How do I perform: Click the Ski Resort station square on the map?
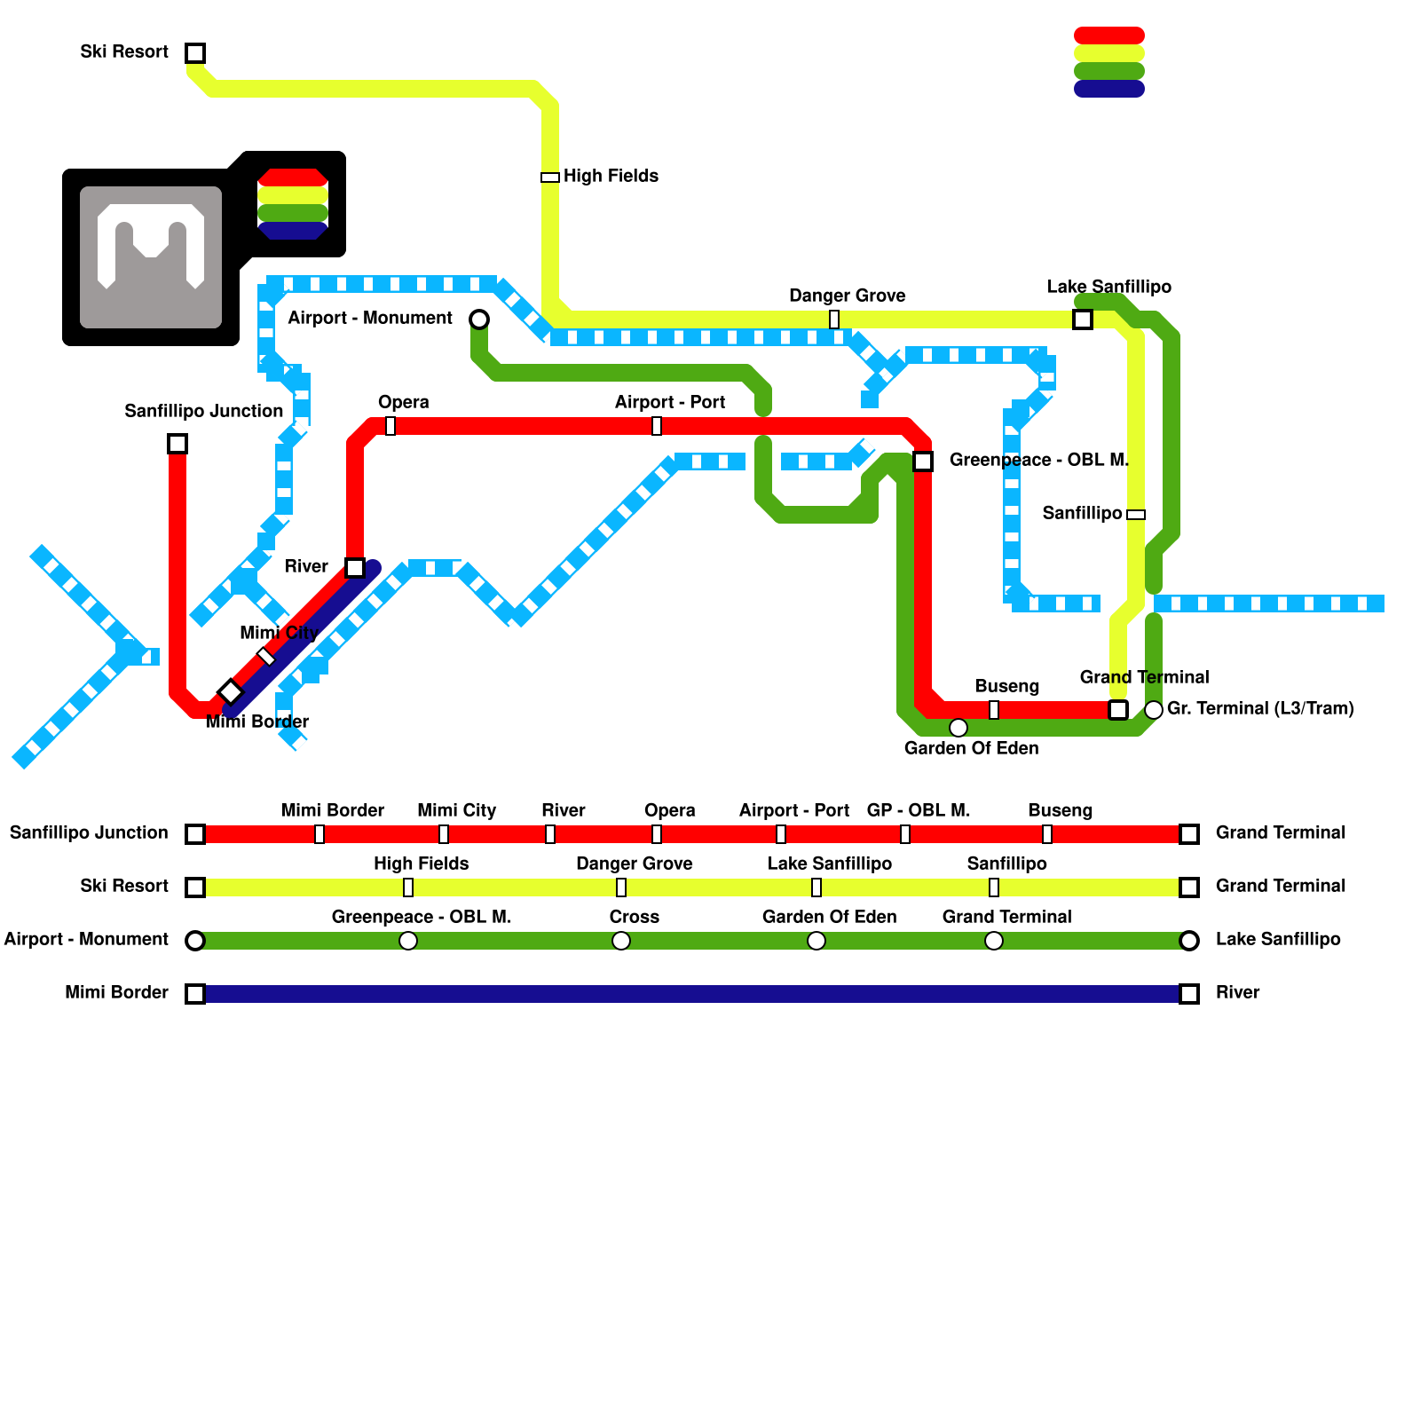195,53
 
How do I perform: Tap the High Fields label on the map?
611,177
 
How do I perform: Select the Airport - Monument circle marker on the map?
479,319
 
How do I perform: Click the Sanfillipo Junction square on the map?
177,444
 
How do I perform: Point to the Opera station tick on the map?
390,426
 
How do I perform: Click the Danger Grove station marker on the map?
834,319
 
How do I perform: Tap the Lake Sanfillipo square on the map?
1083,319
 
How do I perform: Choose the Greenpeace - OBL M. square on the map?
923,461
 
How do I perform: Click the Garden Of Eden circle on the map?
958,728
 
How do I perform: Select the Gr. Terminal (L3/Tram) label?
1260,709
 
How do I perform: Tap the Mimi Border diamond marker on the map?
231,691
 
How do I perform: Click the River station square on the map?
355,568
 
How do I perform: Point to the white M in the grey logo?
151,244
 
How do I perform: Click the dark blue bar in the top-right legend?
1109,89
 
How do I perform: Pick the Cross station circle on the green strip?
621,941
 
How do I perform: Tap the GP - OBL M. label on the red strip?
919,811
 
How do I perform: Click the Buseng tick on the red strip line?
1047,834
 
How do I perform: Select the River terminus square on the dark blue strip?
1189,994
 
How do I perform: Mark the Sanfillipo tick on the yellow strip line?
994,887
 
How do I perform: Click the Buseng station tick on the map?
994,710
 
